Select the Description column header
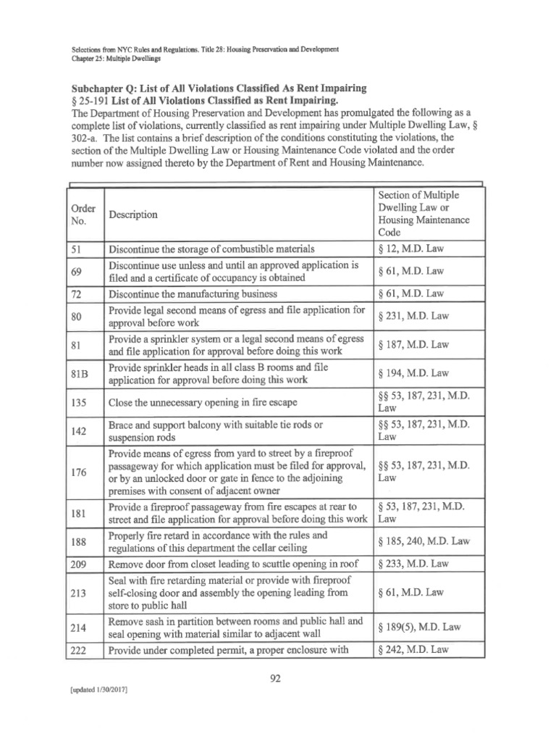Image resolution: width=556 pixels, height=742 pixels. [x=133, y=214]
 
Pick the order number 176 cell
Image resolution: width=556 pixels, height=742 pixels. [x=81, y=472]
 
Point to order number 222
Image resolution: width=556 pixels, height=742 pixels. [x=81, y=649]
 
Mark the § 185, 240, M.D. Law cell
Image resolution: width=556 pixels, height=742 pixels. [x=424, y=541]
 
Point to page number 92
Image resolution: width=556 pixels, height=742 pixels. [x=278, y=678]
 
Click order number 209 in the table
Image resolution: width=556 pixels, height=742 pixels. [x=81, y=563]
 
